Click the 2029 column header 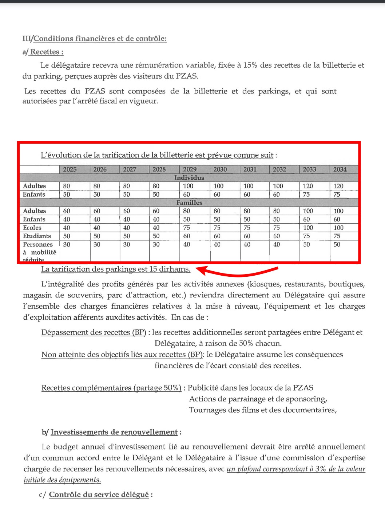tap(190, 169)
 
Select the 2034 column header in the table tap(340, 169)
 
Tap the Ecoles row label tap(32, 228)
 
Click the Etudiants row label tap(37, 236)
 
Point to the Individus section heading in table tap(189, 178)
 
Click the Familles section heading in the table tap(189, 203)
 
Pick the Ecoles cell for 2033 tap(308, 228)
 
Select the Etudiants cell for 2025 tap(67, 236)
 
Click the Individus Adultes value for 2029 tap(188, 186)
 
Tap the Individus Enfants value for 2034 tap(337, 195)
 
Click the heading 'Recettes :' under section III tap(47, 52)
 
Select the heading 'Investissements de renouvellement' tap(114, 432)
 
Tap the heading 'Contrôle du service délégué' tap(99, 495)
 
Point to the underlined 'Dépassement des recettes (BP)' tap(94, 332)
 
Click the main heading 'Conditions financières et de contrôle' tap(100, 39)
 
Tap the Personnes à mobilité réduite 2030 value tap(217, 244)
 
